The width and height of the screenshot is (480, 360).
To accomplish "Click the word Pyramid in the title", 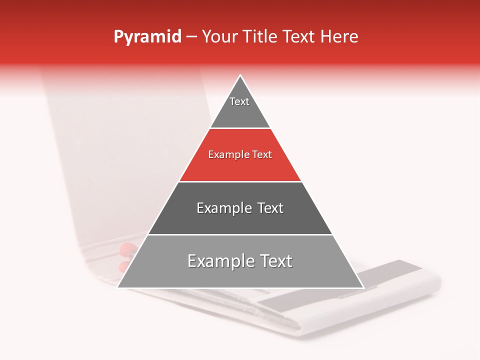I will click(x=147, y=36).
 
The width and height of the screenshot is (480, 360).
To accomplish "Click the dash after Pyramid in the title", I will click(x=191, y=37).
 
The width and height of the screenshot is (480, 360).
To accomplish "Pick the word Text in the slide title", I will click(x=301, y=36).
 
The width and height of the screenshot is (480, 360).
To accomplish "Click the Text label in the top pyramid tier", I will click(x=239, y=101).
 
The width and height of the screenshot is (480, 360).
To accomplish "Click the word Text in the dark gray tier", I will click(x=270, y=208).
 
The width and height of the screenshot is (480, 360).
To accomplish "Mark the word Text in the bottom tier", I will click(x=275, y=261).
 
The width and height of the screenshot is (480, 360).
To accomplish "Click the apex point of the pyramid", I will click(x=240, y=75).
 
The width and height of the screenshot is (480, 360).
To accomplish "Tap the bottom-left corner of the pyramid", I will click(x=118, y=287).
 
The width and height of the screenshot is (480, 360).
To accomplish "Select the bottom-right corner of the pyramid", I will click(x=363, y=287).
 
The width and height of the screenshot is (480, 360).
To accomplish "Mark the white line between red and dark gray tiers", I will click(x=240, y=181).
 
